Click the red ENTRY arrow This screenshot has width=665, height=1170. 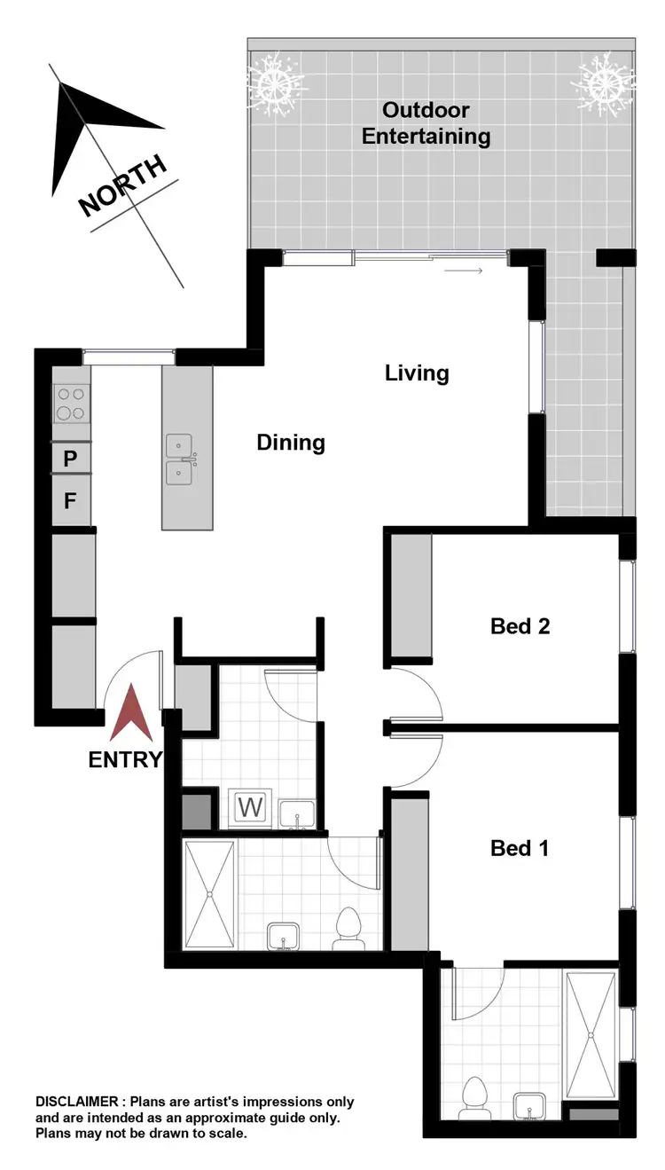click(x=129, y=713)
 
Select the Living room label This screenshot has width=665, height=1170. click(x=417, y=373)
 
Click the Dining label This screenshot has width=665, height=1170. click(x=291, y=442)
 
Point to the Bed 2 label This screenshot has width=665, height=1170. click(x=520, y=626)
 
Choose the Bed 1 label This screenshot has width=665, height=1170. click(x=520, y=848)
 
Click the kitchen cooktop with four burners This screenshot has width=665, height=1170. click(x=72, y=404)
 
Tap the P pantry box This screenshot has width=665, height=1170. click(x=71, y=459)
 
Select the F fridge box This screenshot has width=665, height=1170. click(x=71, y=501)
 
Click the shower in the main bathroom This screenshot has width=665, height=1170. click(x=209, y=894)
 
